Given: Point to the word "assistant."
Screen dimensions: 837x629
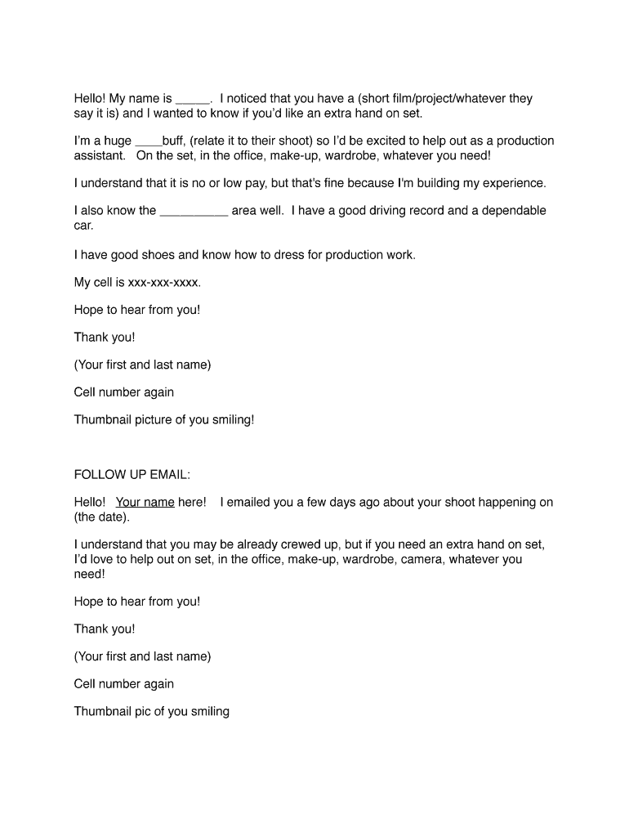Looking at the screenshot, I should tap(100, 155).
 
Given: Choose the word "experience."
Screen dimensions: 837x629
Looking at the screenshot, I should tap(505, 182).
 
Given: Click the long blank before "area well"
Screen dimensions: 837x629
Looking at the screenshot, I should tap(194, 212).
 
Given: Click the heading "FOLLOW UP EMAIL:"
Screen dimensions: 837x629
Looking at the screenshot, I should tap(132, 474).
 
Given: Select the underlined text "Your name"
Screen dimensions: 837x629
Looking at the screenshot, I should tap(145, 502).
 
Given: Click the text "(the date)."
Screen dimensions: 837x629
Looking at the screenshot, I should tap(101, 517).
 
